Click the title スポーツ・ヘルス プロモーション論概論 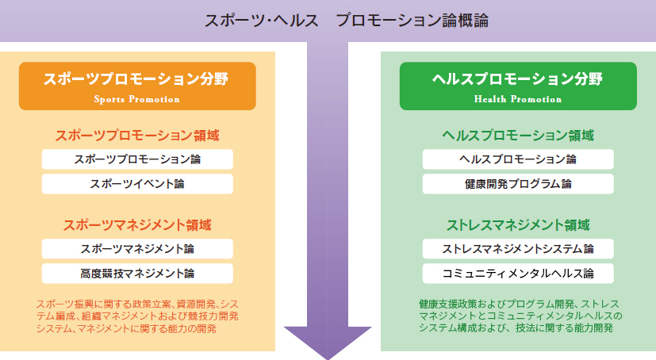tap(347, 21)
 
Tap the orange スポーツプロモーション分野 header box tap(137, 86)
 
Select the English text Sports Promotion tap(136, 99)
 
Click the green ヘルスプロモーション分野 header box tap(518, 86)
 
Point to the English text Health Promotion tap(518, 99)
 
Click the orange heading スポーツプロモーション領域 tap(137, 136)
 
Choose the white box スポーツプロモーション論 tap(137, 159)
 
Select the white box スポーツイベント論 tap(137, 184)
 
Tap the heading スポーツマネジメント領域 tap(137, 225)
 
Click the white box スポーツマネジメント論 tap(137, 249)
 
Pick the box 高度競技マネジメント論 tap(137, 274)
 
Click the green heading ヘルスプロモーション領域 tap(518, 136)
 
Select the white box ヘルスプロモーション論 tap(518, 159)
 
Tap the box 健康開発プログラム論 tap(518, 184)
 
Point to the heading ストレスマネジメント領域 tap(518, 225)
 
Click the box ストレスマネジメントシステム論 tap(518, 249)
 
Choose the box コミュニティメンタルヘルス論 tap(518, 274)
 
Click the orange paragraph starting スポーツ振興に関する tap(137, 316)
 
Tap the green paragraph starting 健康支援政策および tap(520, 316)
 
